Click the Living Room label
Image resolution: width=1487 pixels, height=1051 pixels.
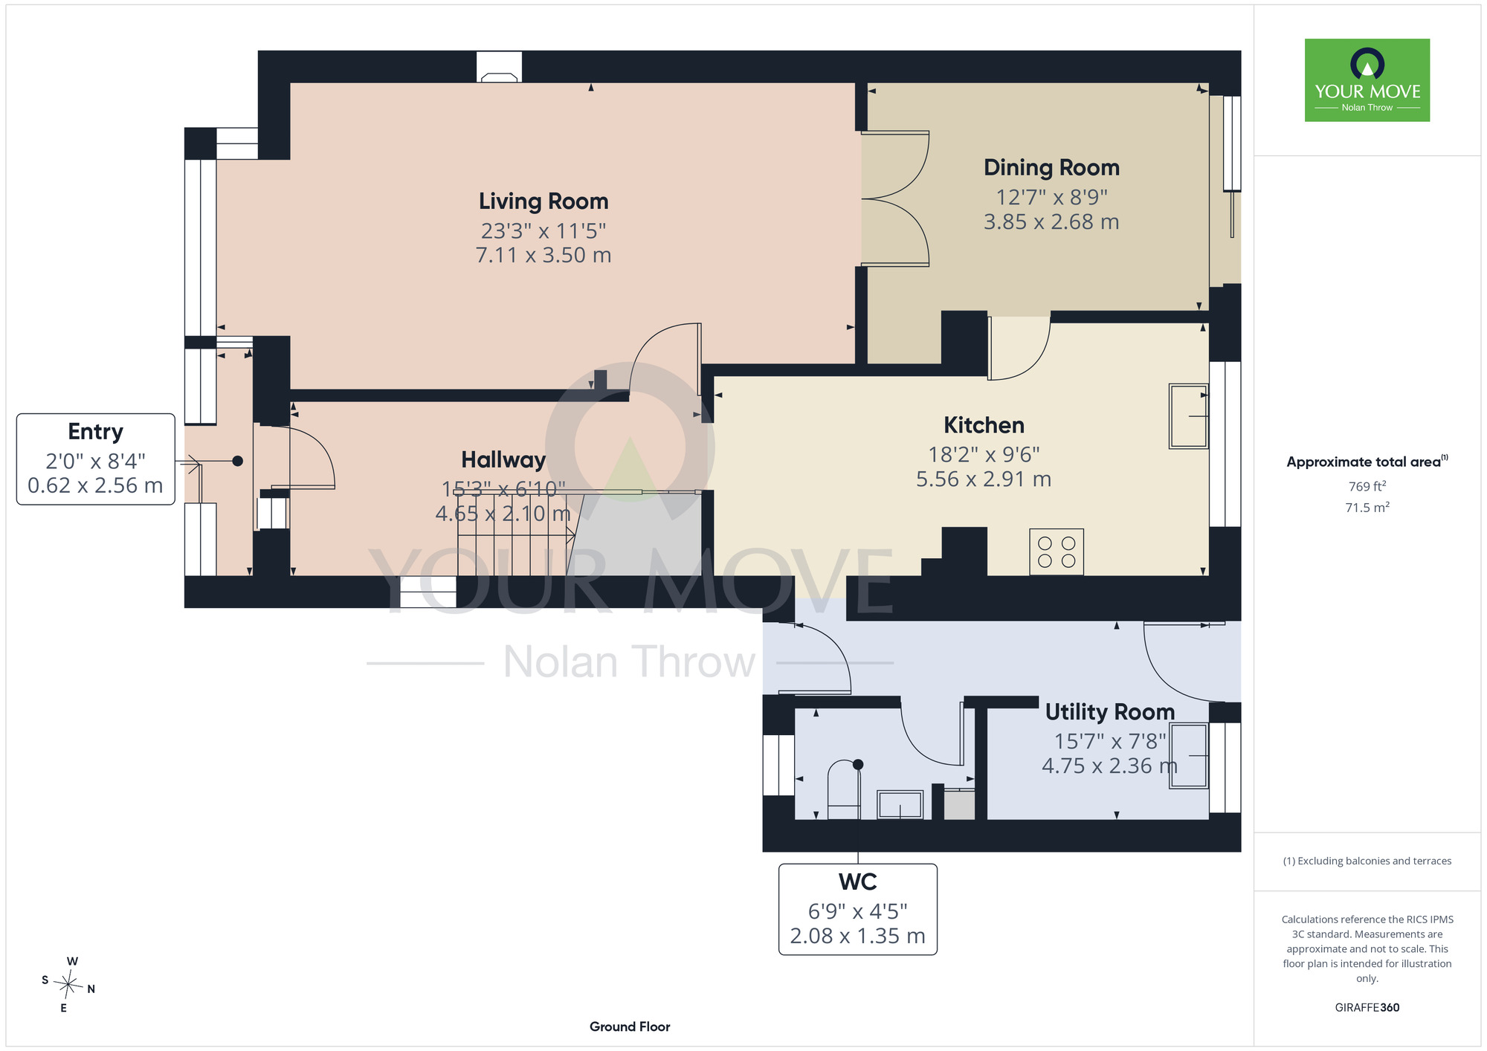pyautogui.click(x=543, y=201)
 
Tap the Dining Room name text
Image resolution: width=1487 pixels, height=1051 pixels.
pyautogui.click(x=1051, y=168)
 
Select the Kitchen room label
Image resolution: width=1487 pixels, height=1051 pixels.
pyautogui.click(x=984, y=425)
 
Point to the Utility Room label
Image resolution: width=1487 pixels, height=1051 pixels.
pyautogui.click(x=1109, y=712)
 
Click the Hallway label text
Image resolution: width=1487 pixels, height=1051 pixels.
pyautogui.click(x=503, y=460)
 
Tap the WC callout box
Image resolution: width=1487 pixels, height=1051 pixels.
pyautogui.click(x=857, y=909)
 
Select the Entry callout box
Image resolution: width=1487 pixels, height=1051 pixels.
pyautogui.click(x=96, y=459)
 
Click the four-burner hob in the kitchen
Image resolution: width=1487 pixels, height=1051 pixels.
pyautogui.click(x=1057, y=552)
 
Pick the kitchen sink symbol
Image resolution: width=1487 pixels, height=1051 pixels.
pyautogui.click(x=1188, y=416)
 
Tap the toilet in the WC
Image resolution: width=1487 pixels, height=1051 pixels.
pyautogui.click(x=845, y=789)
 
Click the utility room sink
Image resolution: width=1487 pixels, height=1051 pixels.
pyautogui.click(x=1188, y=755)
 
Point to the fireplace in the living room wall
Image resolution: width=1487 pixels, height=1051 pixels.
pyautogui.click(x=499, y=67)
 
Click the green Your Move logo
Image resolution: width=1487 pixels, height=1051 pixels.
pyautogui.click(x=1367, y=80)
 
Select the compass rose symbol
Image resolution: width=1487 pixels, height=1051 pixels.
pyautogui.click(x=68, y=986)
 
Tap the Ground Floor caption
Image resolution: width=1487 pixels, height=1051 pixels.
pyautogui.click(x=630, y=1026)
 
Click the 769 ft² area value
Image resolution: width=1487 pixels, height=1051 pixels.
pyautogui.click(x=1367, y=486)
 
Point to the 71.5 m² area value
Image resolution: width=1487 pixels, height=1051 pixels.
pyautogui.click(x=1367, y=508)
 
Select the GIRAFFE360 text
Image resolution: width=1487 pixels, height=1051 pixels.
pyautogui.click(x=1367, y=1008)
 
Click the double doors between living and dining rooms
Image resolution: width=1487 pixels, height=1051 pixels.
pyautogui.click(x=895, y=198)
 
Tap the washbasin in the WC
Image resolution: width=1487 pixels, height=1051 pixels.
pyautogui.click(x=900, y=804)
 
